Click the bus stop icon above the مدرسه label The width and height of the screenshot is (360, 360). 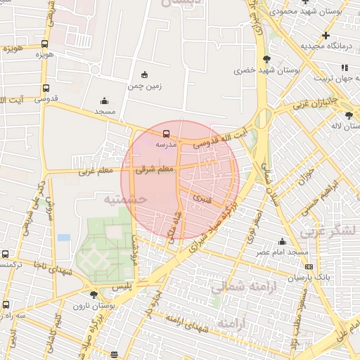166,133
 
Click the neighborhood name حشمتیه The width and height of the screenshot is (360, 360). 124,200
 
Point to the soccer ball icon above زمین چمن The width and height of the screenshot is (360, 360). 145,75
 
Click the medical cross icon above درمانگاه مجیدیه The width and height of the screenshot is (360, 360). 325,35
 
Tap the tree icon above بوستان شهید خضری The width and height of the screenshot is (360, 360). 266,59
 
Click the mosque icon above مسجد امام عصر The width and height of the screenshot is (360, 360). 283,241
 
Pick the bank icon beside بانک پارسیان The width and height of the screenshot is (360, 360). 309,267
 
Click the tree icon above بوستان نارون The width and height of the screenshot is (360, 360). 94,295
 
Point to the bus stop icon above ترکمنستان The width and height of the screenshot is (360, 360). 6,255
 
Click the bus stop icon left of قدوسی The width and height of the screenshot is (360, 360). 46,89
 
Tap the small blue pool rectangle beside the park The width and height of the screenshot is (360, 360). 64,238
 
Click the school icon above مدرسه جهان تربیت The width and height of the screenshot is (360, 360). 345,67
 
